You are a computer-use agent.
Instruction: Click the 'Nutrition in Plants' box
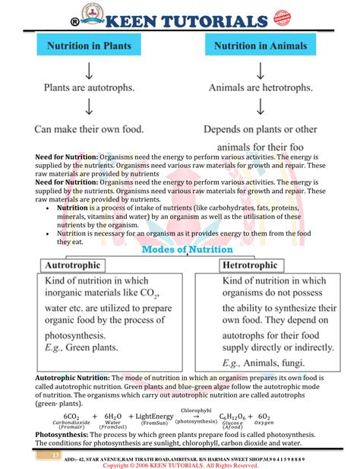[89, 46]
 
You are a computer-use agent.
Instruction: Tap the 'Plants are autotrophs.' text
[89, 88]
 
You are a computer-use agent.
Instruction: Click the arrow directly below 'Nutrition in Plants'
[89, 68]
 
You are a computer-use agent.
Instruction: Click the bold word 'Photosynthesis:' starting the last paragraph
[64, 435]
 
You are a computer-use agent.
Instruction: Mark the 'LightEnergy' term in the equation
[153, 417]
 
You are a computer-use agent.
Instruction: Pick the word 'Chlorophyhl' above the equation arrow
[195, 410]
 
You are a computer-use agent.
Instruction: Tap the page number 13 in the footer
[55, 455]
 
